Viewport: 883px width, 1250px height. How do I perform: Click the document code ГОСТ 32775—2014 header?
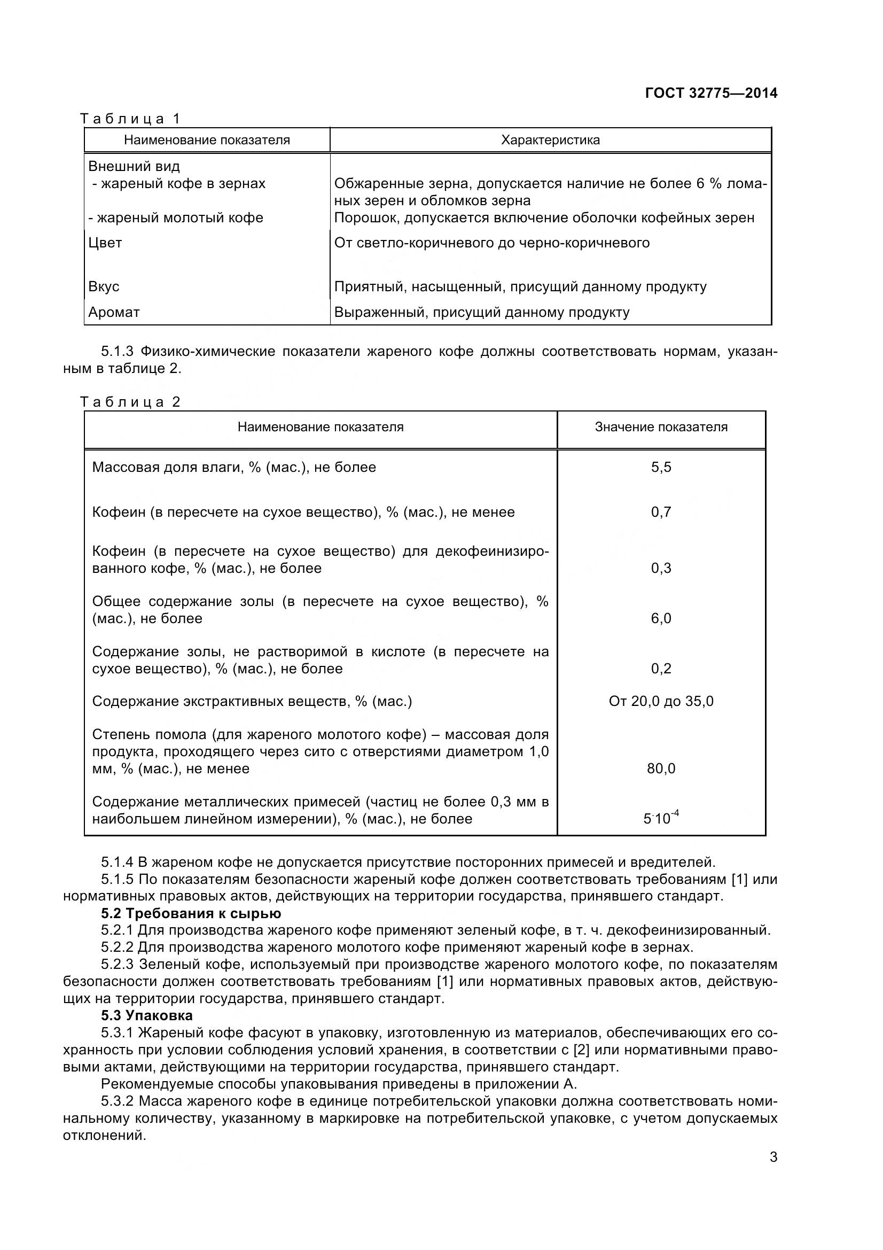pos(710,93)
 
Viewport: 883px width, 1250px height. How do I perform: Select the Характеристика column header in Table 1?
pos(550,140)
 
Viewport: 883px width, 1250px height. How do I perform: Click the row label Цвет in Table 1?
pos(105,243)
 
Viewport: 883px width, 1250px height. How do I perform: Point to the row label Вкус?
pos(104,286)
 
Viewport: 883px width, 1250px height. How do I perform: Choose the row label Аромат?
pos(114,313)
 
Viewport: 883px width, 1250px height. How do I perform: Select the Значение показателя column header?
pos(660,427)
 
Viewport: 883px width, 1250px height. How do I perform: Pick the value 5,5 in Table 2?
pos(660,467)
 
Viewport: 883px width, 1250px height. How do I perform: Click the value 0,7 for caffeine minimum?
pos(660,512)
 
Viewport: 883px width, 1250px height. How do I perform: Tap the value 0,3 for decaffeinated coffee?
pos(660,568)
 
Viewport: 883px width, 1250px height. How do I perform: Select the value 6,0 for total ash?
pos(660,618)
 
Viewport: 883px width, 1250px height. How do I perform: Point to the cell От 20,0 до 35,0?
pos(660,701)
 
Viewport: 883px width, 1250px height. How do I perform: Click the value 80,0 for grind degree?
pos(660,768)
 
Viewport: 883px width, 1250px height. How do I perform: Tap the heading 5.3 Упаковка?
pos(146,1015)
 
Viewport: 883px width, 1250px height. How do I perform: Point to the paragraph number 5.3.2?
pos(117,1101)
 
